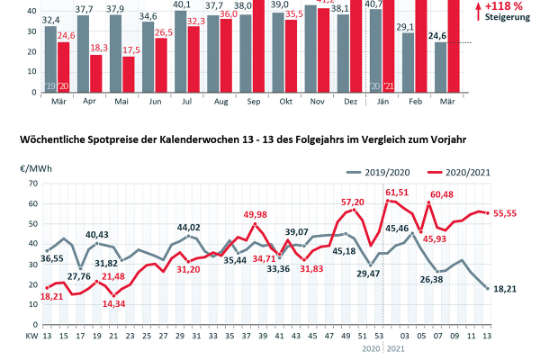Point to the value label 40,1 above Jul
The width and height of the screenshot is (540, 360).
point(180,5)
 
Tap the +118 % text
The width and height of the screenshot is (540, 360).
point(506,6)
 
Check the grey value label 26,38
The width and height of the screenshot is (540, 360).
point(432,280)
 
